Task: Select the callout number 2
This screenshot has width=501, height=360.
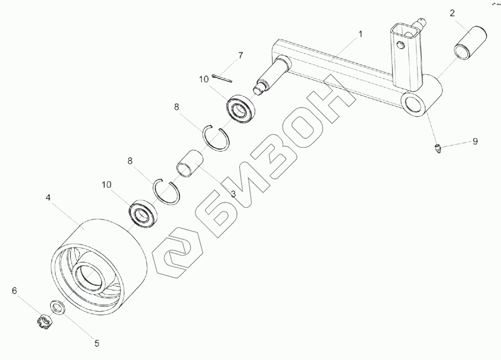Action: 453,13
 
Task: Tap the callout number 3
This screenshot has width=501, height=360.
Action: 233,194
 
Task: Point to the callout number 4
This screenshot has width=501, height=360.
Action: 47,197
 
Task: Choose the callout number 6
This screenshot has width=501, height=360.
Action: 15,290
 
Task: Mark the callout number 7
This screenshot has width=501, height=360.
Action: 240,55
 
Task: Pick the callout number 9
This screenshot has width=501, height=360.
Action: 475,141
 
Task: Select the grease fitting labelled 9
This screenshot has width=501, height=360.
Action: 437,149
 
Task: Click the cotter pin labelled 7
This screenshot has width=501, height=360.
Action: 223,78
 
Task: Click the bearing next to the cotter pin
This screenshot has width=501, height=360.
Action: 240,110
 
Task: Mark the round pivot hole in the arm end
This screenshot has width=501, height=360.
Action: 413,103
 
